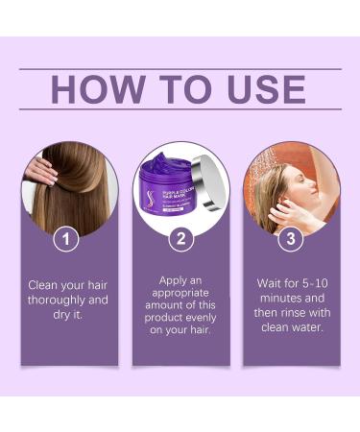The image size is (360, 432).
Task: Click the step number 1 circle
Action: (65, 239)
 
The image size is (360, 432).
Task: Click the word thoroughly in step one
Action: (51, 300)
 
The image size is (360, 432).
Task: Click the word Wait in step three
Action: (266, 284)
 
